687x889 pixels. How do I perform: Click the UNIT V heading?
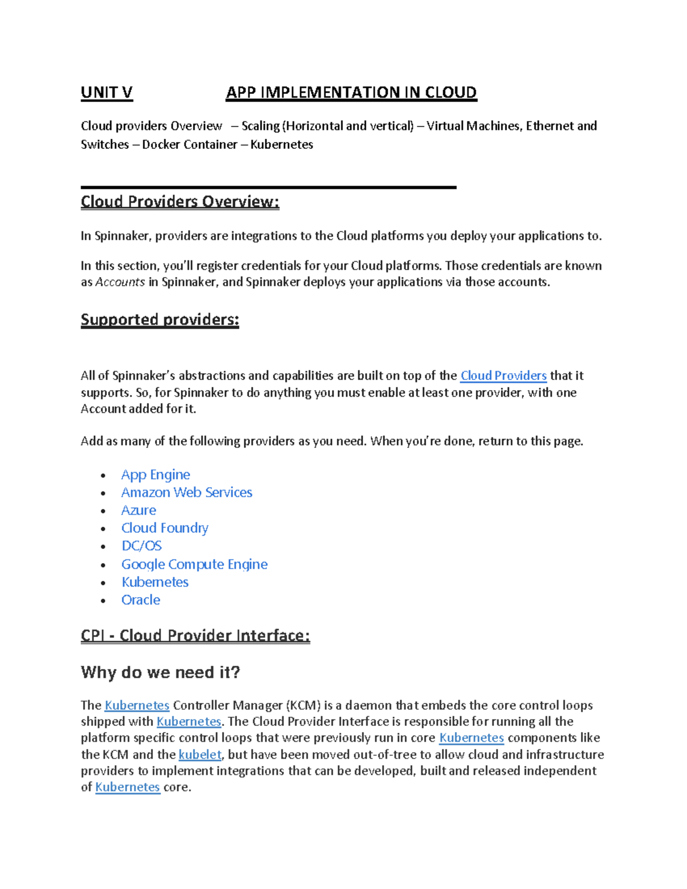point(106,93)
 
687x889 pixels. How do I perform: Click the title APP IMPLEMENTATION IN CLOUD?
point(351,93)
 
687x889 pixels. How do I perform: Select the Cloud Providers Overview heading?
point(180,201)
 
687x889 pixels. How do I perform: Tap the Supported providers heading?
point(160,319)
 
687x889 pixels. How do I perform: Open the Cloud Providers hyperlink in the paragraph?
point(503,376)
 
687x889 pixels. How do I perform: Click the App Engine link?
point(155,475)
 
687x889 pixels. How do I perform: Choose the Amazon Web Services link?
point(187,492)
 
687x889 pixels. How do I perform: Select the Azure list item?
point(139,510)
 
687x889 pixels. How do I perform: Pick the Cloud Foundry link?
point(165,528)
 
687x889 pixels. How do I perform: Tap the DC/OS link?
point(141,546)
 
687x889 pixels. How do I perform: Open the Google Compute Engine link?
point(194,564)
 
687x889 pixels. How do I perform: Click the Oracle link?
point(141,600)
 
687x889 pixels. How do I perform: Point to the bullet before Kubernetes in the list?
point(103,583)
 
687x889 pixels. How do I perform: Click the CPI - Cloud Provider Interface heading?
point(195,635)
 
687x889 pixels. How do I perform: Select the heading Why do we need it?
point(160,672)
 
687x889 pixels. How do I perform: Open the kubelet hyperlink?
point(200,754)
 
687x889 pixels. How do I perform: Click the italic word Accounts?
point(120,282)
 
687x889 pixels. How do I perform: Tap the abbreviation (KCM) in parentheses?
point(303,705)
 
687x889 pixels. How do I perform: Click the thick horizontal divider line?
point(269,187)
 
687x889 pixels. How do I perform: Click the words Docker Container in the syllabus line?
point(189,144)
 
